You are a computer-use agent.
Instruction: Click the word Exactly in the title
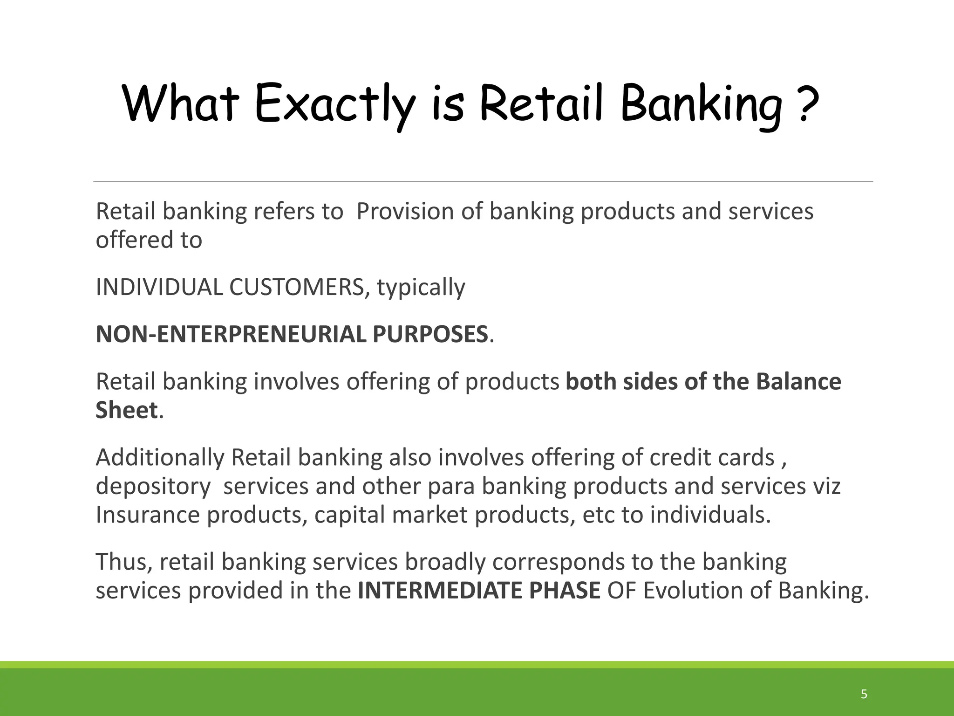point(334,103)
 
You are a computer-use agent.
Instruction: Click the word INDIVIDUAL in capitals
point(159,287)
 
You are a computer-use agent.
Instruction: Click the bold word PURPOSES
point(430,334)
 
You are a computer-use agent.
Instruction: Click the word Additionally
point(160,458)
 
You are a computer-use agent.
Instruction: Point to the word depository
point(153,487)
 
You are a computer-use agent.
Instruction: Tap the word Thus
point(123,562)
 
